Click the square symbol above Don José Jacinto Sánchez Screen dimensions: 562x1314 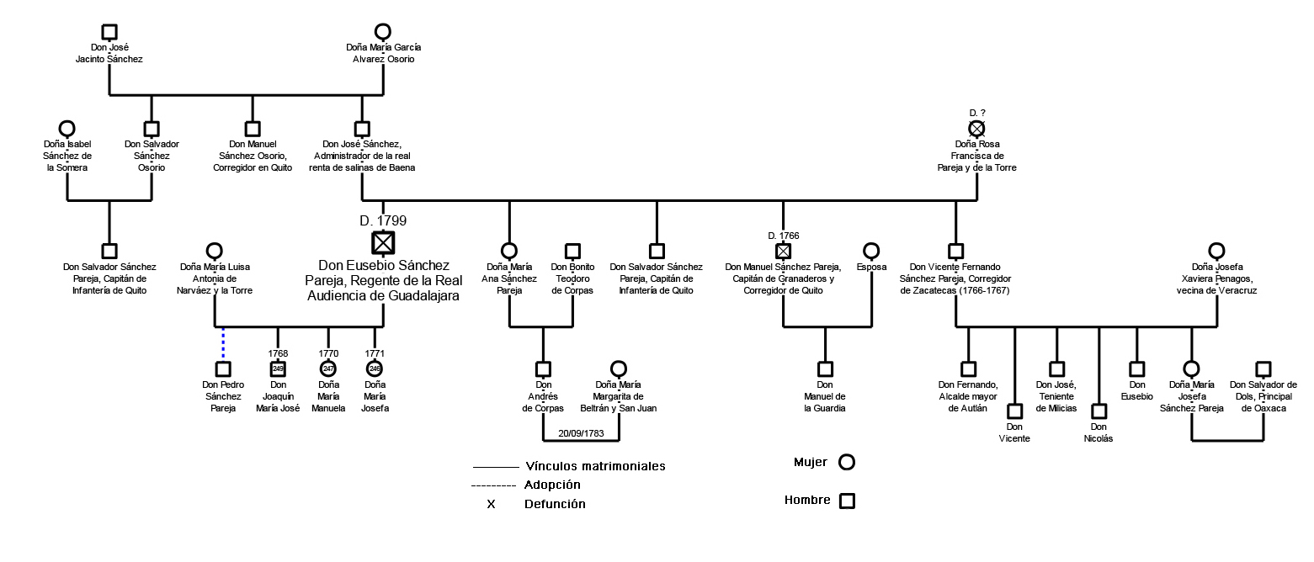pos(109,32)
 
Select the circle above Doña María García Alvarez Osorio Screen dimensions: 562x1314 pos(383,32)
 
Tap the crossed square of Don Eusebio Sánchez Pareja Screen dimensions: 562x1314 pos(383,242)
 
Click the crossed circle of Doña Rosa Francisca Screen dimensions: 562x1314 pos(976,129)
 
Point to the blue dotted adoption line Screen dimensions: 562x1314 pos(223,344)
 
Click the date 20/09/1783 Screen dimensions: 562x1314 pos(581,433)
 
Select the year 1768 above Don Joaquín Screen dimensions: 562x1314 pos(278,353)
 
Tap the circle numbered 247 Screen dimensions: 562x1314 pos(328,368)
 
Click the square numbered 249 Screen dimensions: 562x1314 pos(278,368)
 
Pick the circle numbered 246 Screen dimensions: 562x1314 pos(375,368)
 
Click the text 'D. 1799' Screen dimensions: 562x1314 pos(383,221)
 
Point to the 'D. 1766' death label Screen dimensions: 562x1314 pos(783,235)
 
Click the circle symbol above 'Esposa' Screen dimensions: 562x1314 pos(871,251)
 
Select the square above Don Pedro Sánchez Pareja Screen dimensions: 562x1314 pos(223,368)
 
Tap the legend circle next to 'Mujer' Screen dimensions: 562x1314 pos(847,462)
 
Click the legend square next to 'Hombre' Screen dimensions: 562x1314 pos(847,501)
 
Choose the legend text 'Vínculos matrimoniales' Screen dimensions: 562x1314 pos(595,466)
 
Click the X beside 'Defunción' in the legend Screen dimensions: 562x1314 pos(491,505)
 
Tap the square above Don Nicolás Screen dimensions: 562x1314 pos(1099,411)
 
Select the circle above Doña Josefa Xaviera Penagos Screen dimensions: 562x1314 pos(1216,251)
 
